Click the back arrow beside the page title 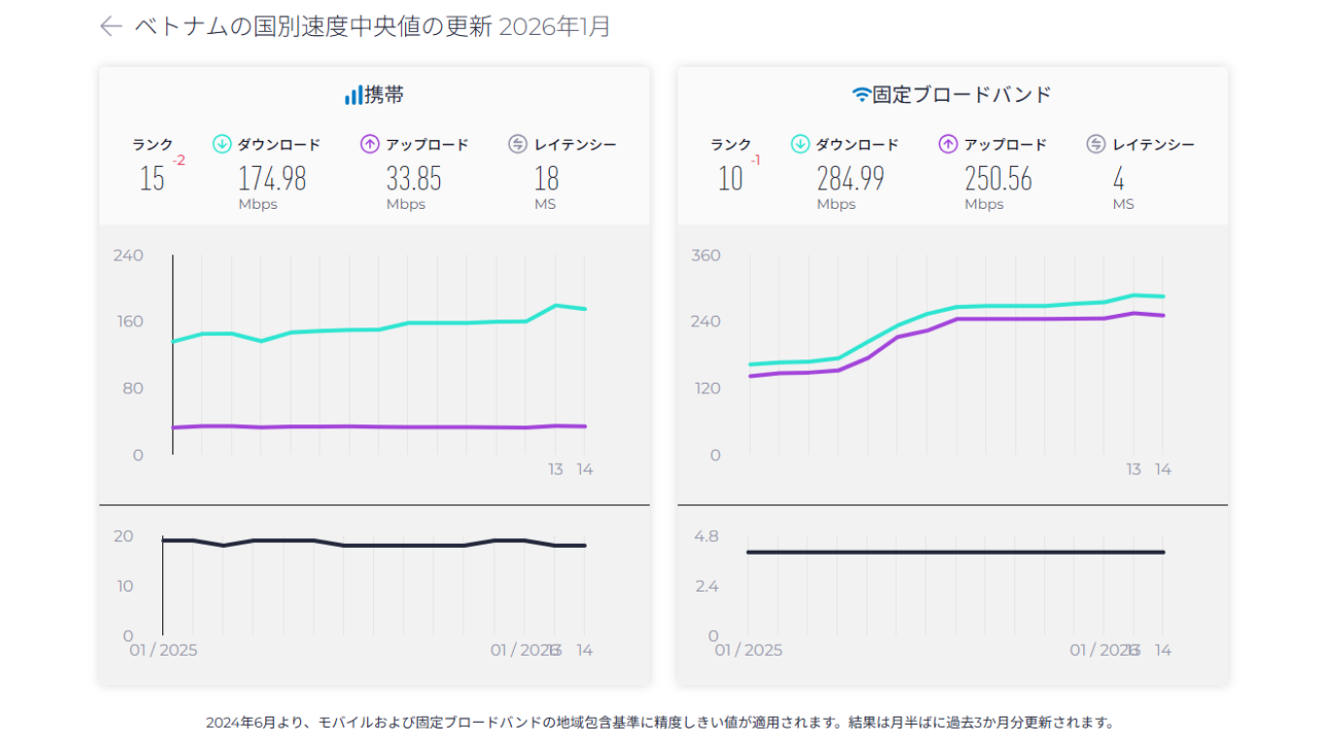click(x=111, y=26)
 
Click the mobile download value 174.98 click(x=272, y=179)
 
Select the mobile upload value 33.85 click(x=414, y=179)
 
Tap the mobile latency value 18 click(x=547, y=179)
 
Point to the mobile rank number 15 click(x=153, y=179)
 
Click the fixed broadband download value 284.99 click(x=850, y=179)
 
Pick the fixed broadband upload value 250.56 click(x=998, y=179)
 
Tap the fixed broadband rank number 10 click(x=731, y=179)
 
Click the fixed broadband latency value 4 click(x=1119, y=179)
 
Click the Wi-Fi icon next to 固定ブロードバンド click(x=861, y=94)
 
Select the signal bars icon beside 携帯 click(x=354, y=95)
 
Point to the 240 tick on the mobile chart click(x=128, y=255)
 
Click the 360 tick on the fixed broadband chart click(x=705, y=255)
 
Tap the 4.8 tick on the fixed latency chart click(x=706, y=536)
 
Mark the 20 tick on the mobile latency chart click(x=123, y=536)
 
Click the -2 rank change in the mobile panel click(x=179, y=160)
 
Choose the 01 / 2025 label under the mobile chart click(x=163, y=650)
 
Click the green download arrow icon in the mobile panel click(x=221, y=145)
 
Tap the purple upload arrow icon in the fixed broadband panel click(x=948, y=145)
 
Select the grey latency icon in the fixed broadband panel click(x=1096, y=145)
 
